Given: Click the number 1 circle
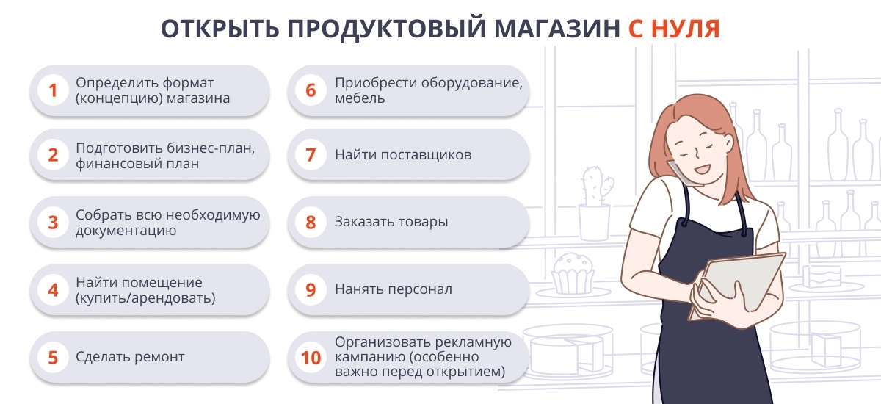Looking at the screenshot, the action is (x=53, y=90).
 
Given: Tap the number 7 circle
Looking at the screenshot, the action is (x=311, y=154).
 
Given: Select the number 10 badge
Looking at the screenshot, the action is (x=311, y=358).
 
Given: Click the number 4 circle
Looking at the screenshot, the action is (x=53, y=290).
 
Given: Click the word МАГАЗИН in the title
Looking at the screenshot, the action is (x=557, y=29).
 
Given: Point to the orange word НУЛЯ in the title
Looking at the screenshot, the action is (x=686, y=29).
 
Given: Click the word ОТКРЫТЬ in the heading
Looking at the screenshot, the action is (x=220, y=29).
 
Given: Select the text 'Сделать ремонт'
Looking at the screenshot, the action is (x=130, y=357).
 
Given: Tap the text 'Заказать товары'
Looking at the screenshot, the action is (x=391, y=222).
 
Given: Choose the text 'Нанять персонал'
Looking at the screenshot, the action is (x=394, y=289).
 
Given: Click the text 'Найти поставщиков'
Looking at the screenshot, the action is (x=403, y=154).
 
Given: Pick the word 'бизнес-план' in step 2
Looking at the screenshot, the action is (x=211, y=148).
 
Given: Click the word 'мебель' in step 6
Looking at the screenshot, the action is (x=360, y=98).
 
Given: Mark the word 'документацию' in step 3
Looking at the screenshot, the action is (x=126, y=231).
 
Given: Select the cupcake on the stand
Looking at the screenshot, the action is (x=573, y=273).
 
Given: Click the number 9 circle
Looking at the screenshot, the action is (x=311, y=290).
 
